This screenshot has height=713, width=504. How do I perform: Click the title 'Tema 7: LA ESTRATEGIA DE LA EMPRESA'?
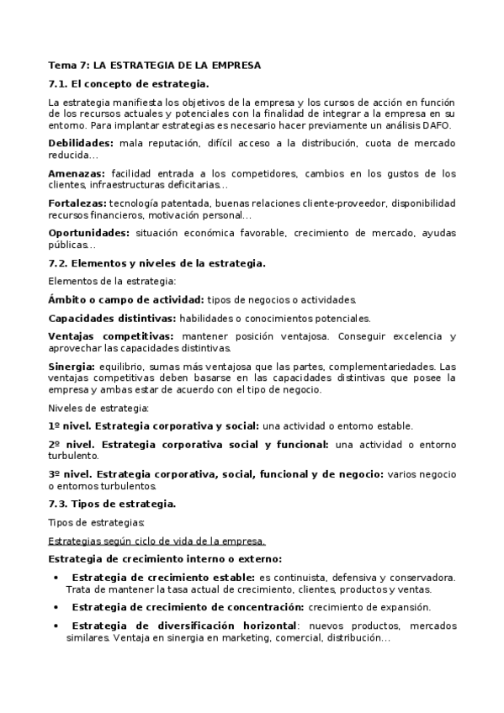point(155,65)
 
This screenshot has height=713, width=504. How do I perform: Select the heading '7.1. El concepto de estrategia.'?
point(129,84)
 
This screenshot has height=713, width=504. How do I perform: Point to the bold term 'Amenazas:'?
point(77,174)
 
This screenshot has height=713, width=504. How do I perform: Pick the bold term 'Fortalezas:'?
point(77,203)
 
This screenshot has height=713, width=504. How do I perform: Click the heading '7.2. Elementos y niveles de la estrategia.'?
point(157,263)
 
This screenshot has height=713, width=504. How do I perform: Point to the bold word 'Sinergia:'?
point(72,367)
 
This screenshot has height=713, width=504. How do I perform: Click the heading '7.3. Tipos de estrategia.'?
point(112,504)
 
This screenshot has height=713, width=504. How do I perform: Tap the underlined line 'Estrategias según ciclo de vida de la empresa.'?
point(157,541)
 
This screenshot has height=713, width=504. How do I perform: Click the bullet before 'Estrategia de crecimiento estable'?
point(56,578)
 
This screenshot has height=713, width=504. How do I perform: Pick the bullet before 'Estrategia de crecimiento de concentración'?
point(56,607)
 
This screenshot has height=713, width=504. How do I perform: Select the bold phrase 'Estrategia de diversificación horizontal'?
point(184,626)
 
